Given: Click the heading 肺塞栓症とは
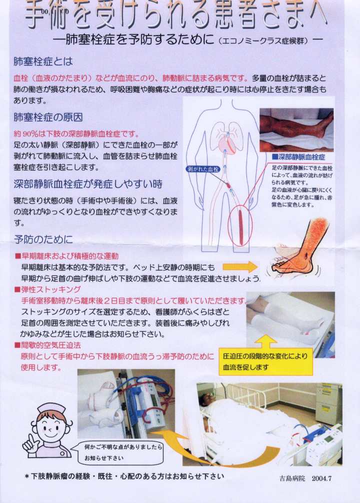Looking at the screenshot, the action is point(43,61).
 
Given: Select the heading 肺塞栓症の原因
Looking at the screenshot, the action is point(48,117).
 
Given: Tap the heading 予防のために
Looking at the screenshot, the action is point(43,239).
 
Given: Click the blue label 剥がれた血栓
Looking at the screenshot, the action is point(203,169).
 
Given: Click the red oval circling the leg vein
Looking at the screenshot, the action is point(240,226).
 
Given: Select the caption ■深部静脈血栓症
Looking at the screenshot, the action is point(298,157).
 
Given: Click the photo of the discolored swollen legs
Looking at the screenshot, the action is point(296,129).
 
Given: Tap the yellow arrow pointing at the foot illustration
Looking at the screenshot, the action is point(240,266).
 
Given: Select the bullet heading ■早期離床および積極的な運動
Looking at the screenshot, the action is point(66,256).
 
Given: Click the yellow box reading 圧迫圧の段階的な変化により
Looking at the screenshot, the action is point(265,361).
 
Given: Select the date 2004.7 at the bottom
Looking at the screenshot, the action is point(321,478).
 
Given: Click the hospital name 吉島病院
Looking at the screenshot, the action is point(292,478).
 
